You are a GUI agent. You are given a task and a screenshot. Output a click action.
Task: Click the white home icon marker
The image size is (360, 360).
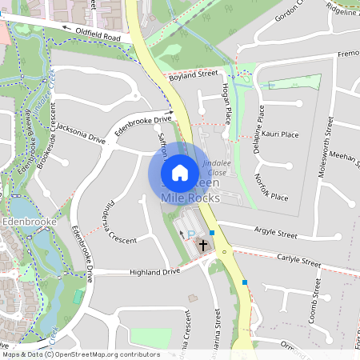[180, 172]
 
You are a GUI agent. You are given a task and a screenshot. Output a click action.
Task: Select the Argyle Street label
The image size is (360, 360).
[275, 234]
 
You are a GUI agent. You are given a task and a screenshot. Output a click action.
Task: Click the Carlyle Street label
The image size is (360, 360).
[298, 261]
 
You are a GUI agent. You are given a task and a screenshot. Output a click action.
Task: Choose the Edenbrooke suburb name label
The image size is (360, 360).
[28, 222]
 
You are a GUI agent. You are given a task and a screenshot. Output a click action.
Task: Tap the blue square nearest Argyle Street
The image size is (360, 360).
[211, 233]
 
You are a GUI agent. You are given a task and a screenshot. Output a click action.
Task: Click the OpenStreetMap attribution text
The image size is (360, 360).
[80, 354]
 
